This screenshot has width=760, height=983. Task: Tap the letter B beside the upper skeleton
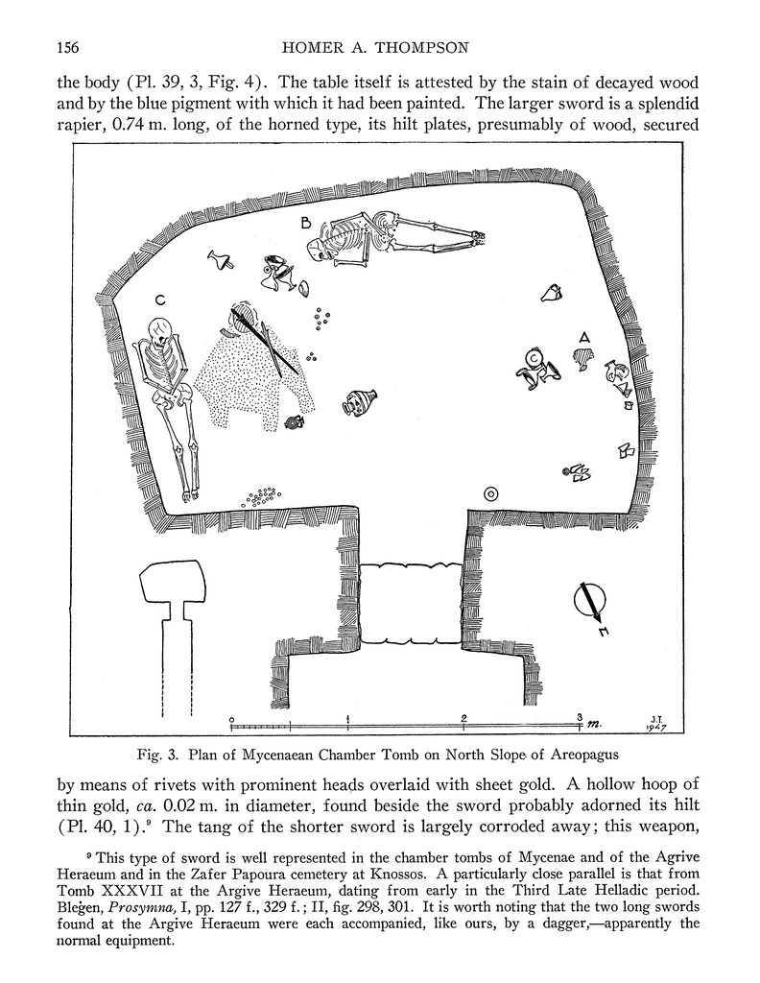click(x=305, y=224)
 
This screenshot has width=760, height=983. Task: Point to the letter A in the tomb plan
click(x=582, y=337)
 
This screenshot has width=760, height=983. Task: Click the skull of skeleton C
click(x=160, y=332)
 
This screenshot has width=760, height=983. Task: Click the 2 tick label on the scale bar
click(x=463, y=718)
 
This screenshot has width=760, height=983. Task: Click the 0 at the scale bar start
click(x=232, y=718)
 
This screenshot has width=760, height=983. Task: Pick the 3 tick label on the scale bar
click(x=580, y=717)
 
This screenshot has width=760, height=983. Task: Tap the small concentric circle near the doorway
click(x=490, y=493)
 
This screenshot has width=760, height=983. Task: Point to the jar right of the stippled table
click(x=360, y=401)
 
